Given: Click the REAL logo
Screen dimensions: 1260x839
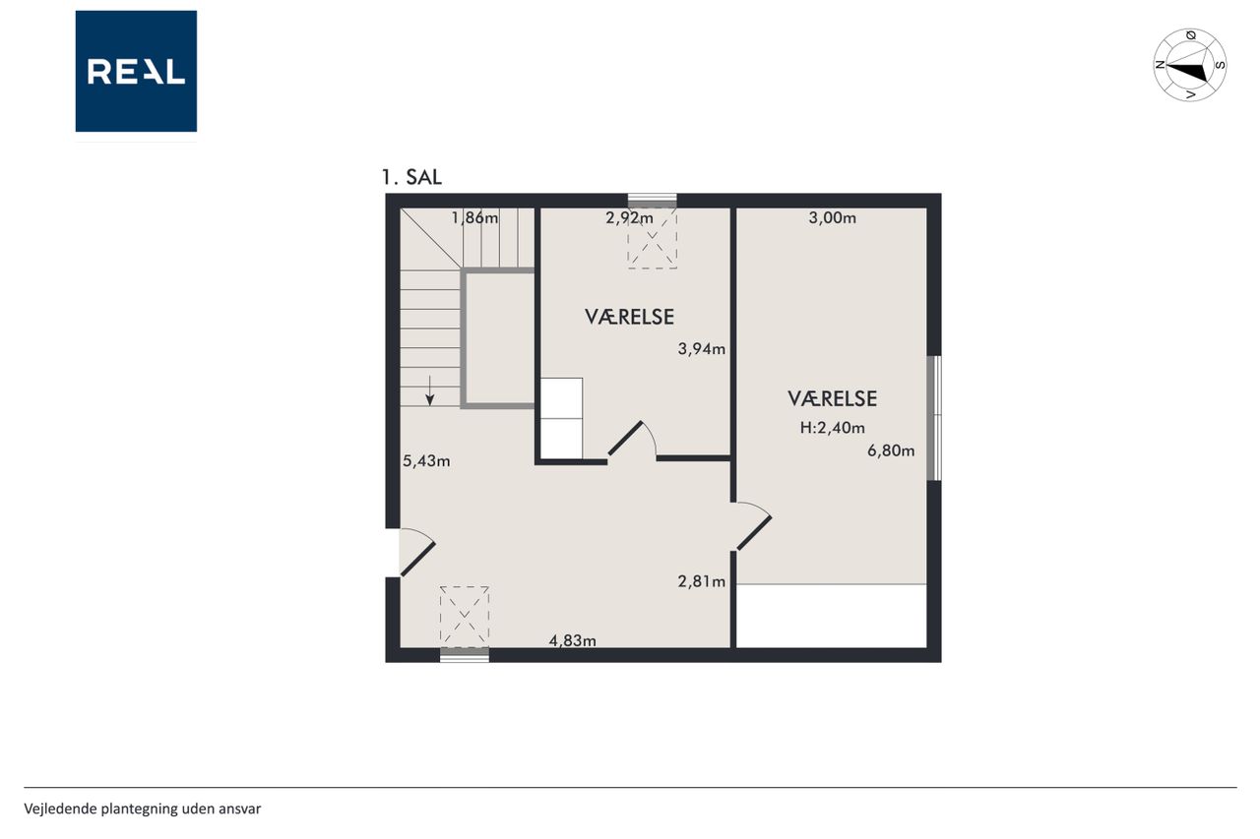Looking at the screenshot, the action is (x=136, y=72).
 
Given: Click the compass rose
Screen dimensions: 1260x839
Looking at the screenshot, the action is (x=1190, y=65).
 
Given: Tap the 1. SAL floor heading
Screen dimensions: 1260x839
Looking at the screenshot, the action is (x=411, y=178).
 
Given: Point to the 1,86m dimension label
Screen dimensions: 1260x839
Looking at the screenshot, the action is (x=474, y=217).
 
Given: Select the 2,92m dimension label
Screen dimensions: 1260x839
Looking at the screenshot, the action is (x=629, y=217).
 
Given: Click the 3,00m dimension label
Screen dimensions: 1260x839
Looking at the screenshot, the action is (x=833, y=217).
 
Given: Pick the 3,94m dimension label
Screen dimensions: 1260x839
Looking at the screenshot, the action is (x=702, y=349).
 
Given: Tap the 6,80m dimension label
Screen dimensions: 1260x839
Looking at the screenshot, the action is (x=891, y=450).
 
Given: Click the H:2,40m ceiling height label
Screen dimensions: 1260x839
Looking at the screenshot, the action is (x=833, y=428).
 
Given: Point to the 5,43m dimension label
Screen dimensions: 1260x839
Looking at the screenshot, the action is (x=426, y=460).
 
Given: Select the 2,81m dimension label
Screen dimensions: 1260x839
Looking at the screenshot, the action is (x=702, y=581).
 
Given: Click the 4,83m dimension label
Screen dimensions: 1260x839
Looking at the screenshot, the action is (x=573, y=640).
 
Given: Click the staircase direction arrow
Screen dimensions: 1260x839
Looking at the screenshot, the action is (x=430, y=390).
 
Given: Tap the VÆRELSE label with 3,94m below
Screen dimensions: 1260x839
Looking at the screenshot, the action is (x=629, y=317).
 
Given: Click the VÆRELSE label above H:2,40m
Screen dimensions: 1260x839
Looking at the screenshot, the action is (x=833, y=398).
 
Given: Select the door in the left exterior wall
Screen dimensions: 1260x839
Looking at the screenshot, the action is (x=416, y=553).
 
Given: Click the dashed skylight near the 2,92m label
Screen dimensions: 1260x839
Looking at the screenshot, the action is (x=653, y=238).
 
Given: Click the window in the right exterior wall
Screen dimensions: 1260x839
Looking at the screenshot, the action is (x=934, y=418).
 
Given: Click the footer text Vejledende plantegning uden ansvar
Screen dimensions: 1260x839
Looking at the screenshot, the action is (x=143, y=809).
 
